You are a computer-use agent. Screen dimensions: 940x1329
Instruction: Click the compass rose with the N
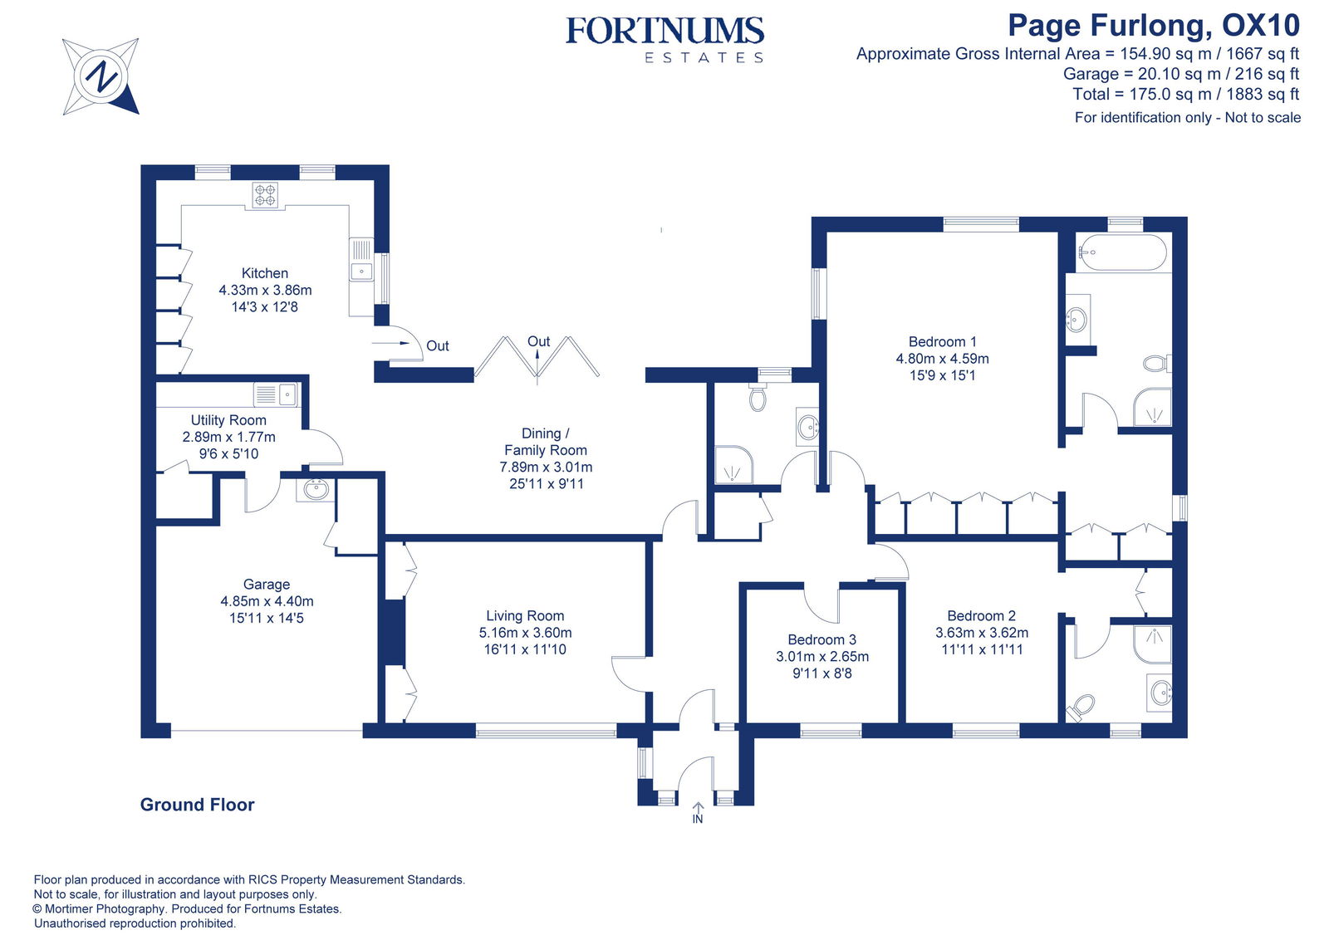click(101, 76)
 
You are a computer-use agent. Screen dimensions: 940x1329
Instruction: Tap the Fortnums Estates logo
click(664, 38)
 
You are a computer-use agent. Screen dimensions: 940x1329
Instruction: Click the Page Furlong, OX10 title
click(1153, 26)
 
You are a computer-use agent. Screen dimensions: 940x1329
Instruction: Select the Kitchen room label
click(265, 273)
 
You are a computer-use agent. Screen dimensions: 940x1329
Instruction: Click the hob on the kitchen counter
click(266, 195)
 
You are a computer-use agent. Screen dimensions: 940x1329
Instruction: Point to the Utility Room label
click(228, 420)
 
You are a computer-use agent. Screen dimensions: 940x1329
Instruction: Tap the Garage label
click(267, 585)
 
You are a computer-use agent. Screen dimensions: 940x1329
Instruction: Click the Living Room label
click(525, 616)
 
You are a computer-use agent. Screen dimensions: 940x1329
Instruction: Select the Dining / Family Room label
click(545, 442)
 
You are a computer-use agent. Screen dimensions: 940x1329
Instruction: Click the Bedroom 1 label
click(942, 342)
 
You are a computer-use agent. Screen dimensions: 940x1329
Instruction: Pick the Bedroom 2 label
click(981, 616)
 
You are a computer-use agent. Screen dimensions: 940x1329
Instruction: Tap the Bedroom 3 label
click(821, 640)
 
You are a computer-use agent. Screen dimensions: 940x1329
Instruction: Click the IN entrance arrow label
click(698, 819)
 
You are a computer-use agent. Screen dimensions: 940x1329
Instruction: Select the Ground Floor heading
click(197, 805)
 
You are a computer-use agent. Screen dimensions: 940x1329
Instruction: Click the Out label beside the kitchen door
click(437, 346)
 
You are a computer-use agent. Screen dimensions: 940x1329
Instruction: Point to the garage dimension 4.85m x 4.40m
click(267, 601)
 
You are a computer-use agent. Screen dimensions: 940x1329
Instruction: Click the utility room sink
click(287, 394)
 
